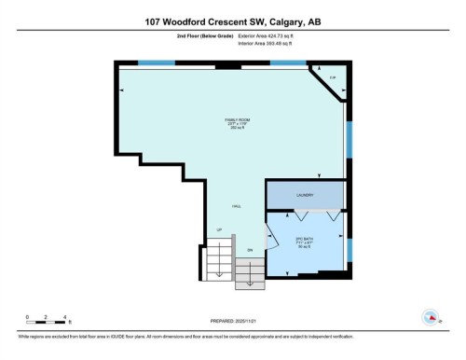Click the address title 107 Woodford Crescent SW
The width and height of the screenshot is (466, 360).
232,21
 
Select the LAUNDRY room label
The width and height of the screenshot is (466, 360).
304,195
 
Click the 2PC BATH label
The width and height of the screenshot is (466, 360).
304,242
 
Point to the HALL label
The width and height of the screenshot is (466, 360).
237,207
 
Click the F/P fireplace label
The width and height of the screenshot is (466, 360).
332,77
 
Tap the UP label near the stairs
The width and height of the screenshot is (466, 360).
220,229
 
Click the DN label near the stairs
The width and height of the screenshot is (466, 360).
250,250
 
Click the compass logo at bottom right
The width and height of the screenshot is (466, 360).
431,317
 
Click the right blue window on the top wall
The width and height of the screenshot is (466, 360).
289,62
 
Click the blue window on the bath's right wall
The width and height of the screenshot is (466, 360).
349,250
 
